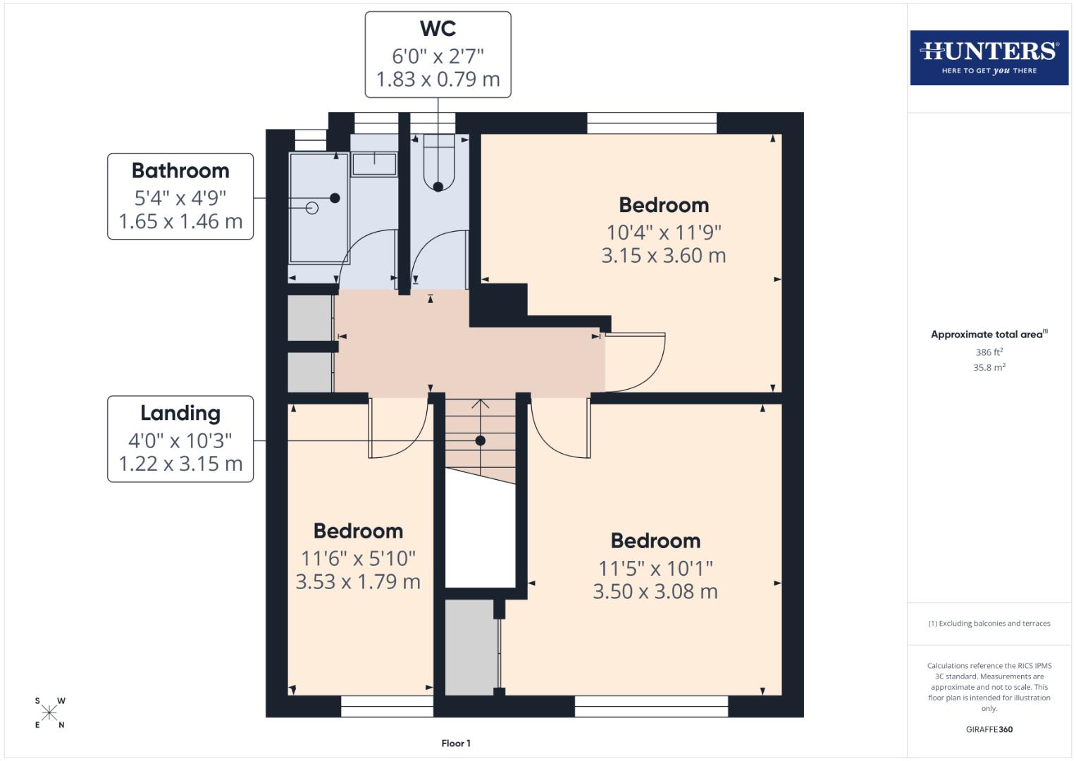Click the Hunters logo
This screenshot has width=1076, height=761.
[989, 57]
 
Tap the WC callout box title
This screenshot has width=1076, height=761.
[438, 28]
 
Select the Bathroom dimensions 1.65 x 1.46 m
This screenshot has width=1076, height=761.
[180, 221]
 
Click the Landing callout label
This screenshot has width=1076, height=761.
[180, 413]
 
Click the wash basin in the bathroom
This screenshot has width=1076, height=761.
[374, 163]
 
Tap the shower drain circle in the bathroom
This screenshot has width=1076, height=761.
[312, 208]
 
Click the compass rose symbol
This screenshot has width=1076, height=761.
[49, 713]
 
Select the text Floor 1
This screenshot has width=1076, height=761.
[456, 743]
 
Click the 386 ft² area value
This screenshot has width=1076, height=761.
[989, 352]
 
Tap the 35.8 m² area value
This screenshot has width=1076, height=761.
[989, 367]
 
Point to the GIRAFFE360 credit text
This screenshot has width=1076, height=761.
[989, 729]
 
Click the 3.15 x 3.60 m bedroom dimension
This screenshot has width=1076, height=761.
[663, 255]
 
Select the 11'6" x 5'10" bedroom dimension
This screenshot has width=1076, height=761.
[358, 558]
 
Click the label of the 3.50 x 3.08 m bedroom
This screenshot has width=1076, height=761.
[655, 540]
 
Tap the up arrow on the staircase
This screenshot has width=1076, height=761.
[481, 404]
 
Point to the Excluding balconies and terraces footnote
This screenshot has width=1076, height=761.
[989, 624]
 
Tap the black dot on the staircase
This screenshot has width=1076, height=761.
[481, 440]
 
